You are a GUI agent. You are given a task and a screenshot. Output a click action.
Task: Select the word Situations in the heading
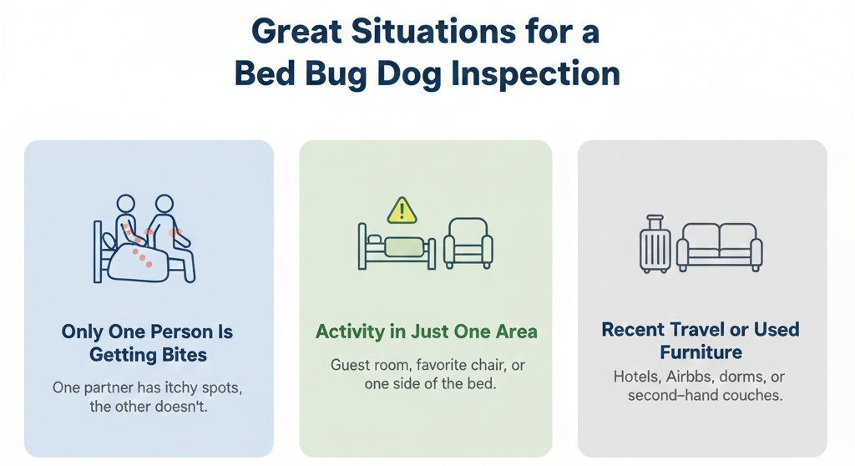pos(433,31)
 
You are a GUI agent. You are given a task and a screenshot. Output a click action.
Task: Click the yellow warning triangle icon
pos(402,210)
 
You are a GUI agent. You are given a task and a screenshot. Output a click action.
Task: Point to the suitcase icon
pos(655,244)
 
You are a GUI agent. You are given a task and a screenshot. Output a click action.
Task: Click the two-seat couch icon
pos(719,247)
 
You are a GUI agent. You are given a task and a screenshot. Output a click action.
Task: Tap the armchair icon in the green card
pos(468,243)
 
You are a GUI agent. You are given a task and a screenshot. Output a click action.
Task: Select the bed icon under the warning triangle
pos(397,246)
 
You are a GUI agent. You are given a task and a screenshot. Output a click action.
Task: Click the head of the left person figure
pos(125,204)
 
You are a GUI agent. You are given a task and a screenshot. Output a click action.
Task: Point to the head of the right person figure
pos(164,204)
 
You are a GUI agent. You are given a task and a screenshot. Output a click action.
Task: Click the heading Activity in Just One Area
pos(427,332)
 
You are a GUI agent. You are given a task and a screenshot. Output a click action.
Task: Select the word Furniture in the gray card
pos(701,352)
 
